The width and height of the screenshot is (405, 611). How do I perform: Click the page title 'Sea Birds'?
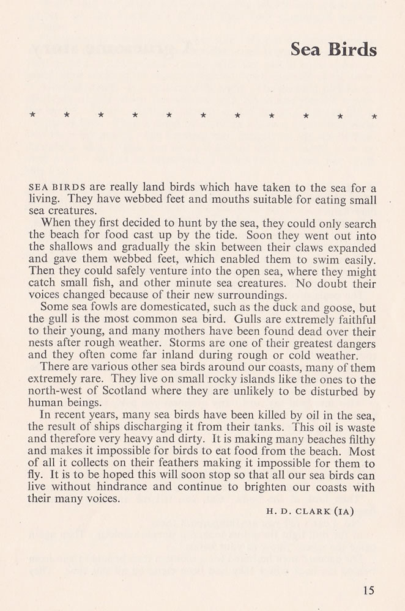coord(333,49)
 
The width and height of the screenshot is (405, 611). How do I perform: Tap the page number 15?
coord(368,590)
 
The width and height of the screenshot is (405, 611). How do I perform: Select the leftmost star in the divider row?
coord(32,114)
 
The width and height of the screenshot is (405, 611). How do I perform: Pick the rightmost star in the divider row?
coord(374,115)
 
